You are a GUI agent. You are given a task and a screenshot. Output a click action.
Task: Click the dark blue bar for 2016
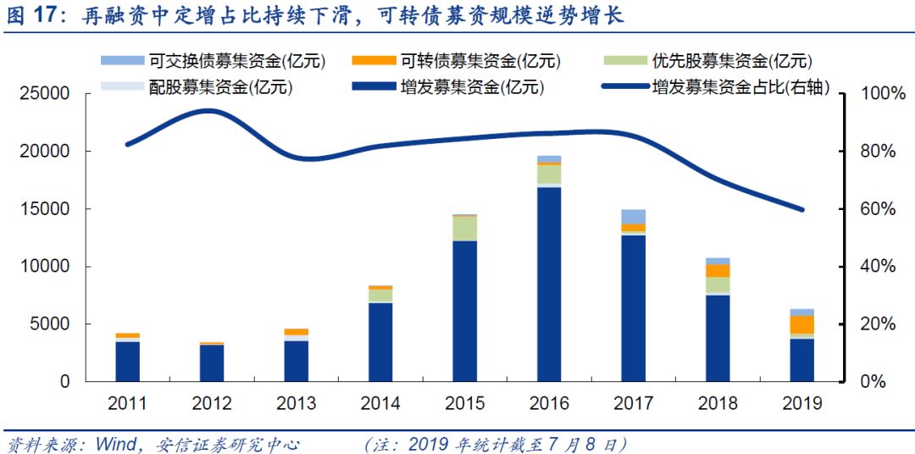tap(549, 284)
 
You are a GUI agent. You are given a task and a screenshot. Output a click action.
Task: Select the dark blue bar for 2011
tap(128, 361)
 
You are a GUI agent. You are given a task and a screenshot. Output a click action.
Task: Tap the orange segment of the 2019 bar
tap(801, 324)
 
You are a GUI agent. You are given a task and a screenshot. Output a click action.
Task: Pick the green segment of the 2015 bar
tap(465, 229)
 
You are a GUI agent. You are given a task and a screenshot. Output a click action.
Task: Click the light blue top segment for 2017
tap(633, 216)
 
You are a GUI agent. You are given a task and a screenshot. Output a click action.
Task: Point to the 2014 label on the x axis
tap(380, 403)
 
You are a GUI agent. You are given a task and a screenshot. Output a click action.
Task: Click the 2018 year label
tap(718, 403)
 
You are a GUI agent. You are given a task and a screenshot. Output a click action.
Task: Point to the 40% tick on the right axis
tap(879, 267)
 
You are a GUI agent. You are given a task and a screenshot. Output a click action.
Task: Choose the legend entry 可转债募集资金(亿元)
tap(480, 61)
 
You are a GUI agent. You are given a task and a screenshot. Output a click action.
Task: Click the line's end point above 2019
tap(801, 209)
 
